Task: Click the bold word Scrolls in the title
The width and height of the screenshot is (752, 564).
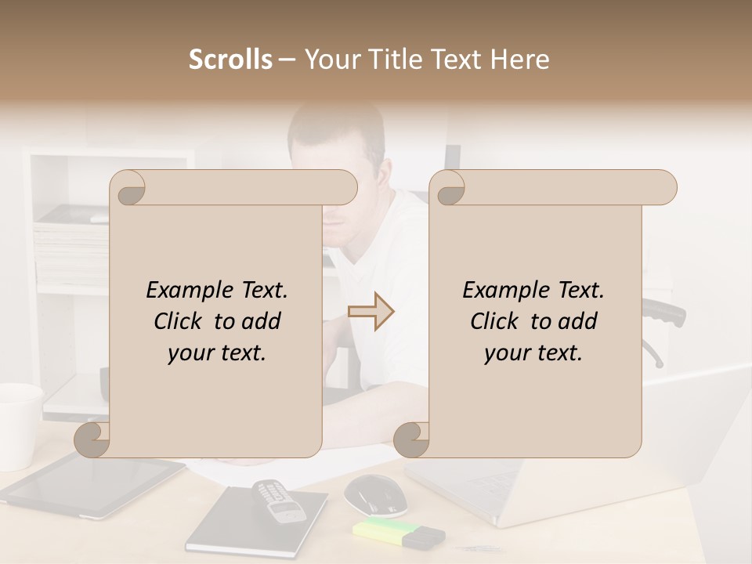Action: click(x=231, y=60)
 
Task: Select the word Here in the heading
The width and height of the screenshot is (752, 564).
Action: click(x=519, y=60)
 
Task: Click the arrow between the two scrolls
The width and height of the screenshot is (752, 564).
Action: click(x=371, y=312)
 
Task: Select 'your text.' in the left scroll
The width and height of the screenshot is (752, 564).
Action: click(x=217, y=353)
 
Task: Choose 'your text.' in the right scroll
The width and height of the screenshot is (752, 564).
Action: click(x=533, y=353)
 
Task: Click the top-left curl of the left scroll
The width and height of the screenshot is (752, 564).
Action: click(x=128, y=188)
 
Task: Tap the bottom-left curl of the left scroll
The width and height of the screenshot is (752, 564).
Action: click(x=92, y=439)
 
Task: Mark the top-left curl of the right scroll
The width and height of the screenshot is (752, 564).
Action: click(x=448, y=188)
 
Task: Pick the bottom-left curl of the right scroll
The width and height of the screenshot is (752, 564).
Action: click(x=411, y=439)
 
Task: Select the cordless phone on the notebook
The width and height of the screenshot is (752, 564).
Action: click(x=280, y=502)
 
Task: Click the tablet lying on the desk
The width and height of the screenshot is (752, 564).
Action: click(x=94, y=485)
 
